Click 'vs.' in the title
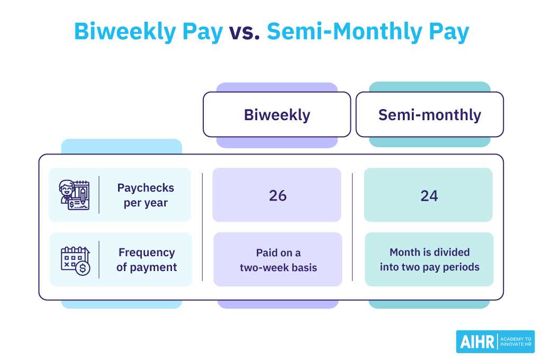(245, 32)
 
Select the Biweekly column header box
(277, 115)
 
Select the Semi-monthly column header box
(429, 115)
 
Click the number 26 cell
(277, 195)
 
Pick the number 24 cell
(429, 195)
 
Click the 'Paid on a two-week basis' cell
(278, 260)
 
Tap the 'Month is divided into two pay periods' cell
(429, 260)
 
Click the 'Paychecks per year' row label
(146, 195)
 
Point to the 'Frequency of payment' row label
(147, 260)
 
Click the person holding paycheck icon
(75, 195)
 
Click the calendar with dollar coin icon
(75, 260)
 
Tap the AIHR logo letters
(476, 341)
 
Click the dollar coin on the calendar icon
(83, 268)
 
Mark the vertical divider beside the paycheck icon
(99, 195)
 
